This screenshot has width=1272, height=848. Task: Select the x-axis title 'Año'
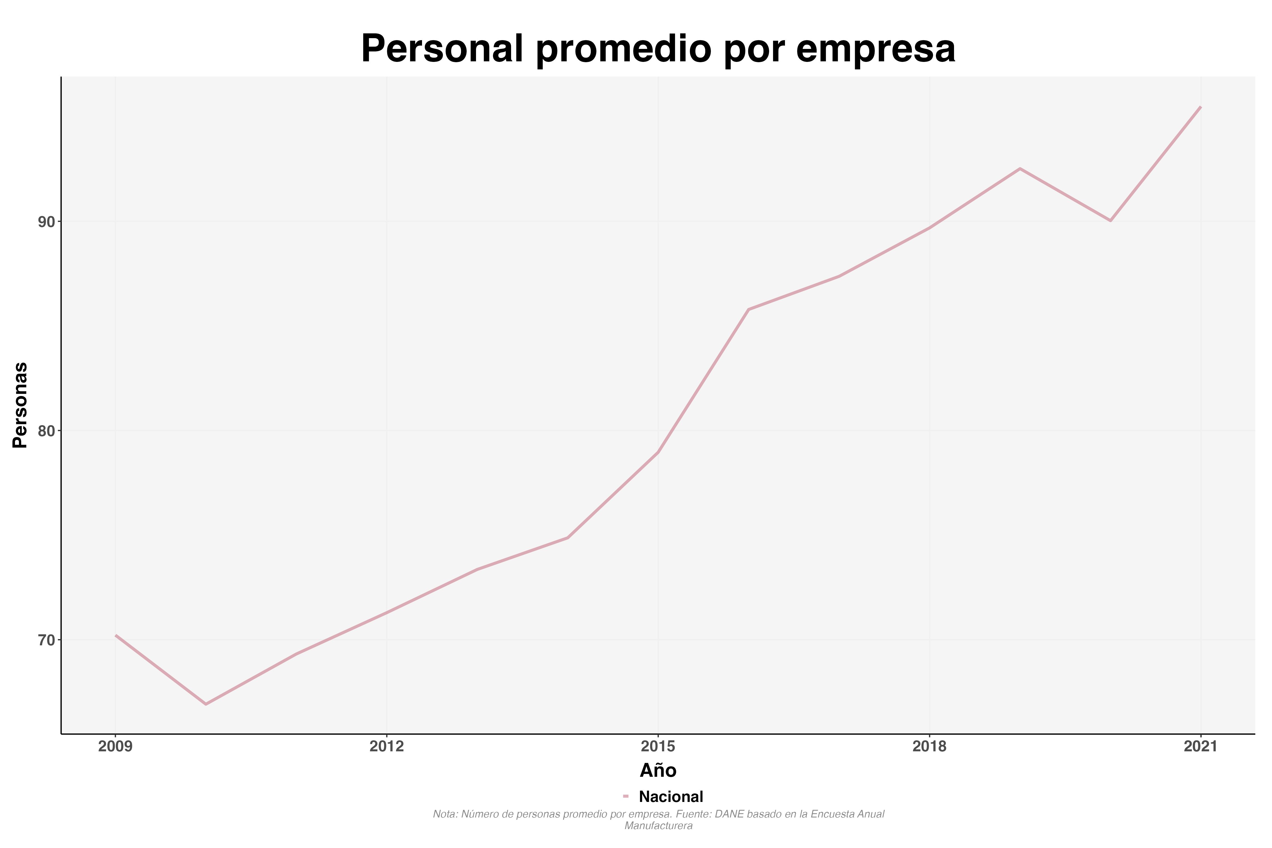click(658, 770)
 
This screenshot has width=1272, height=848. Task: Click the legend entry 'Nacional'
click(670, 797)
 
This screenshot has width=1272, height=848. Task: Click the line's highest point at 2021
click(1200, 107)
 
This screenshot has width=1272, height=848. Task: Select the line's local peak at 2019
click(1020, 169)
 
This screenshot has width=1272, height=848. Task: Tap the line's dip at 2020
click(1110, 221)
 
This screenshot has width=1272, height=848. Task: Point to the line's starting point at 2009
click(116, 635)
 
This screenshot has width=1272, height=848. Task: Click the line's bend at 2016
click(748, 309)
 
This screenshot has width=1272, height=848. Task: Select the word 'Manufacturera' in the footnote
click(658, 826)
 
